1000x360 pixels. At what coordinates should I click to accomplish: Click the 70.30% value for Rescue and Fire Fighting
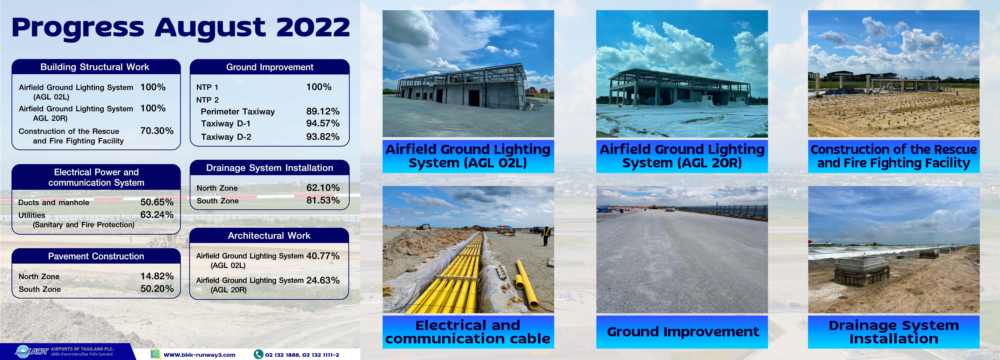(157, 131)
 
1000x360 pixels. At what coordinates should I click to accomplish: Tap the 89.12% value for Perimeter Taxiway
(323, 111)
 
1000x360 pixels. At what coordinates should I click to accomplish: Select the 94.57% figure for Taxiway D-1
(323, 123)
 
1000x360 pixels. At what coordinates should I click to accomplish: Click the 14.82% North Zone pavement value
(157, 276)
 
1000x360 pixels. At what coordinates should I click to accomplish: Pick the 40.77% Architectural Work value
(323, 256)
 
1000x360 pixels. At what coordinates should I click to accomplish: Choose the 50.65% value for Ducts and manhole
(157, 202)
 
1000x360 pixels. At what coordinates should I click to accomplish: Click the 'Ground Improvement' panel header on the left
(270, 67)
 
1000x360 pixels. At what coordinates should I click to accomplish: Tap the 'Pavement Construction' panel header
(96, 256)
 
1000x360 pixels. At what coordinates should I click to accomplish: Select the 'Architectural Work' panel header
(269, 236)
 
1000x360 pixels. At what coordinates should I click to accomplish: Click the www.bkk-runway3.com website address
(200, 355)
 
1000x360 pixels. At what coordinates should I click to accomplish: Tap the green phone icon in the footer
(258, 354)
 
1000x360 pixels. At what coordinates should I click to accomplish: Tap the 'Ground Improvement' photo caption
(682, 332)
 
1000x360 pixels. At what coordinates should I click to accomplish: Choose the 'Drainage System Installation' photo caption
(894, 332)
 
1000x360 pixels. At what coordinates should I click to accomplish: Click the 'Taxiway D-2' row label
(226, 137)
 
